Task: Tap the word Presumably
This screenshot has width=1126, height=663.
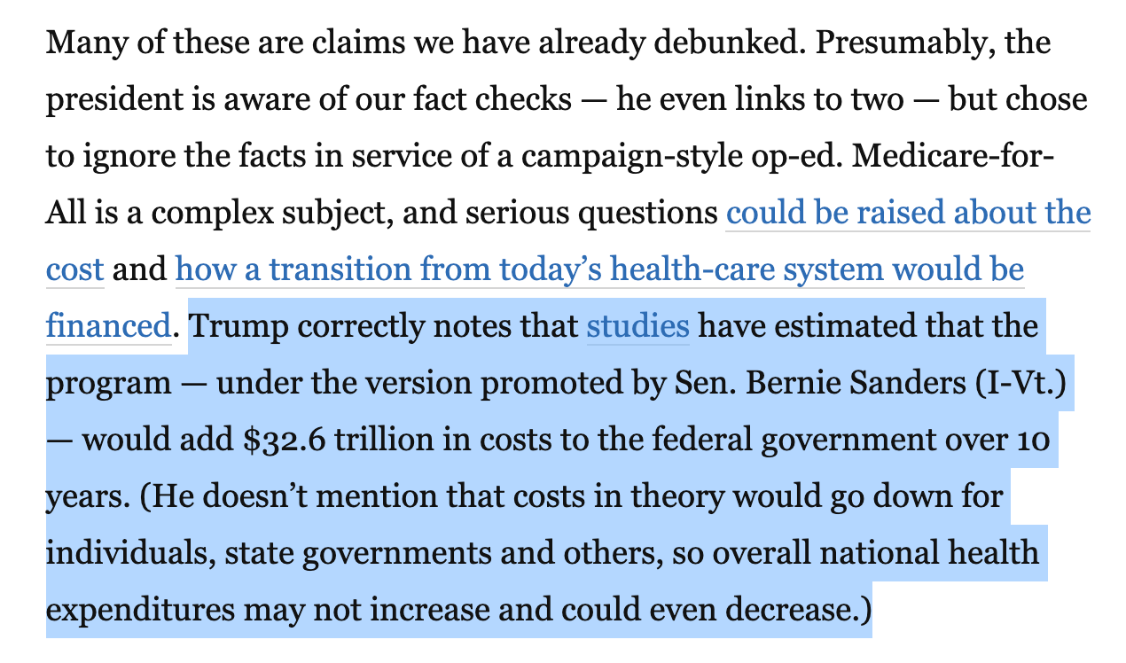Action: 879,42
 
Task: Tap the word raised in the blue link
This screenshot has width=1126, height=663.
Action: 890,213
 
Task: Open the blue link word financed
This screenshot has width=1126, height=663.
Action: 107,326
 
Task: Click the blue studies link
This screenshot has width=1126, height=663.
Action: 637,326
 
